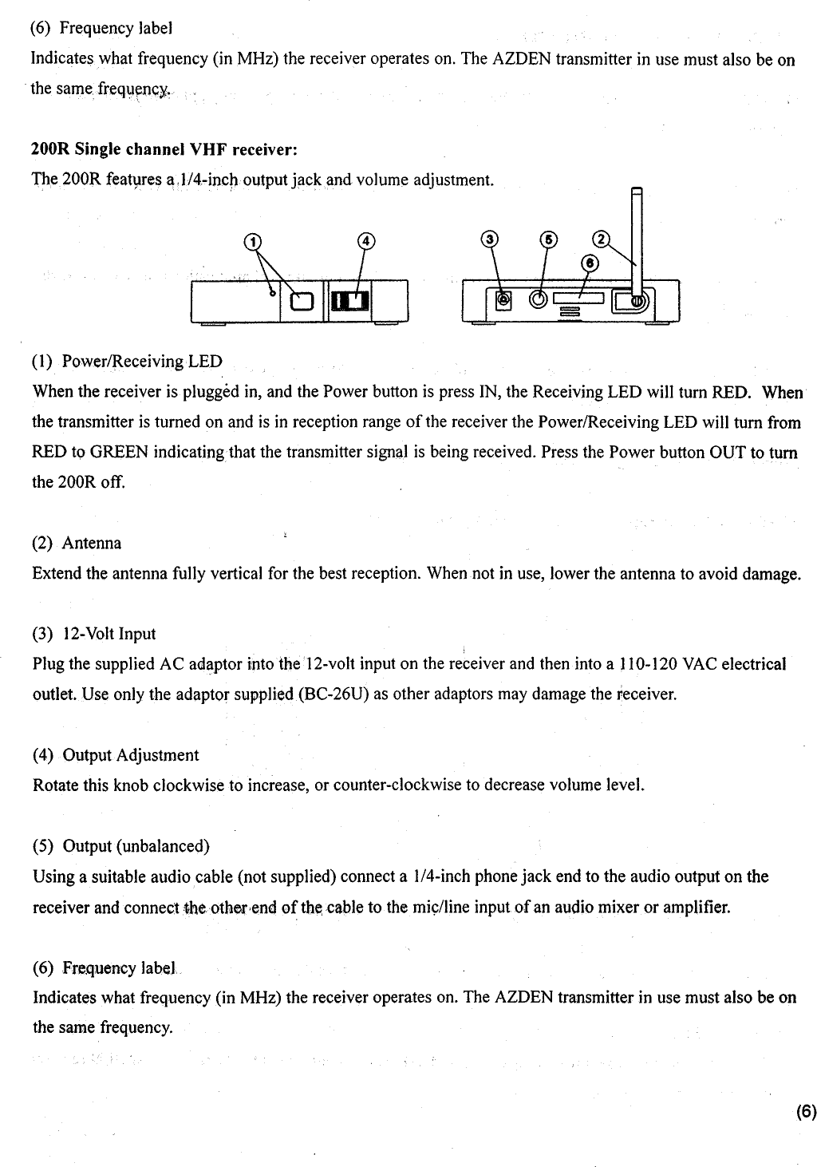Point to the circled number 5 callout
click(547, 239)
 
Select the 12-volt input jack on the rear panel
click(503, 300)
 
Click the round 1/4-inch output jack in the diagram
click(540, 299)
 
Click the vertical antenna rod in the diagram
click(636, 239)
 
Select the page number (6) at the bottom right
click(806, 1112)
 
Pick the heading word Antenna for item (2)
click(92, 544)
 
